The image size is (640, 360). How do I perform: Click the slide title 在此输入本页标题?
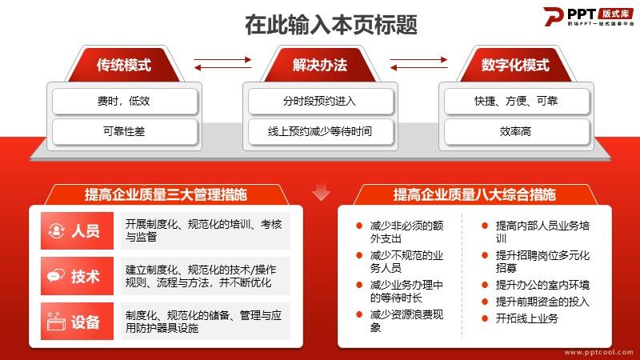point(331,25)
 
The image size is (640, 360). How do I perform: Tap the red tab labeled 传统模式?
point(124,65)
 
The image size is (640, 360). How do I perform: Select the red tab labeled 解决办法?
point(320,65)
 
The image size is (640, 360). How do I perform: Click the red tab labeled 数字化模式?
point(515,65)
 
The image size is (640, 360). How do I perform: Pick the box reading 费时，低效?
point(125,101)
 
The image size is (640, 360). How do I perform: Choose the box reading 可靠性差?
point(125,131)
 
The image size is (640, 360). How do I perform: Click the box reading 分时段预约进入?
point(321,101)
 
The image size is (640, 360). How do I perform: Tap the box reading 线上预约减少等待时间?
point(321,131)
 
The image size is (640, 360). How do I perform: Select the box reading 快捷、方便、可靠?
point(516,101)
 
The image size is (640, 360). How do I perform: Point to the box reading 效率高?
point(516,131)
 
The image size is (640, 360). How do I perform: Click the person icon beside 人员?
point(56,230)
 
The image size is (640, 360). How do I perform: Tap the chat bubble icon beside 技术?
point(56,276)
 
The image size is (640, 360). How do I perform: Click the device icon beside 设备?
point(56,322)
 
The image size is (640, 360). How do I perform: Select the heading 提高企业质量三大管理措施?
point(166,194)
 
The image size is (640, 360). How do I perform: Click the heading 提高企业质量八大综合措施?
point(474,194)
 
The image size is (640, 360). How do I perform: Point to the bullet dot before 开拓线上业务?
point(485,318)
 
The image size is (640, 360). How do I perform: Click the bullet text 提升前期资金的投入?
point(542,302)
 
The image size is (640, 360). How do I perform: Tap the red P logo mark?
point(554,16)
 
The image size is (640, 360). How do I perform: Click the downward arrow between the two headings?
point(322,192)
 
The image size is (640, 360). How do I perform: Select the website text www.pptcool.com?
point(598,352)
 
